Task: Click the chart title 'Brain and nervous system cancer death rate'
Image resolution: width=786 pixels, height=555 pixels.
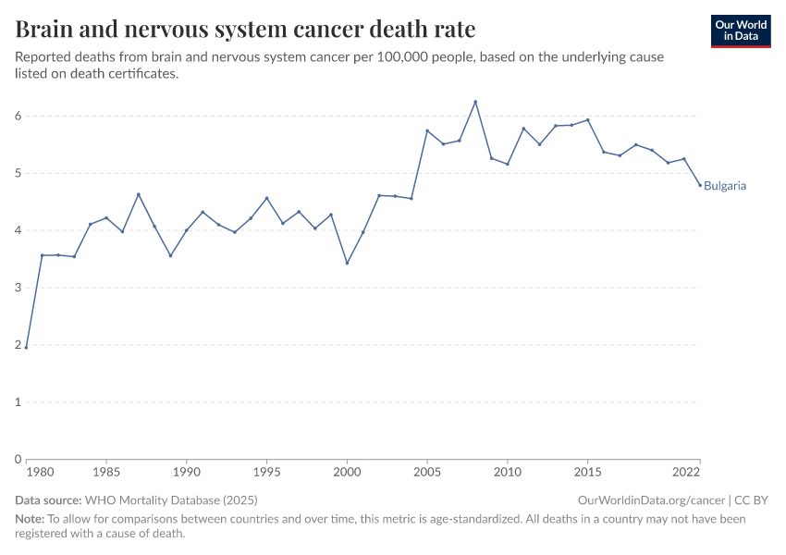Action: (246, 30)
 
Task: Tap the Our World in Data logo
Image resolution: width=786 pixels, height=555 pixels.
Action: (741, 31)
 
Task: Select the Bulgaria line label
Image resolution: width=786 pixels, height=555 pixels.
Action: (725, 186)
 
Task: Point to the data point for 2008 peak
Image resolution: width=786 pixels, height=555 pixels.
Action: (475, 102)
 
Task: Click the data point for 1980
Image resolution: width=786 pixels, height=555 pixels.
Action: (27, 347)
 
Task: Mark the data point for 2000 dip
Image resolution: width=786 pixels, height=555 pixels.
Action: (347, 263)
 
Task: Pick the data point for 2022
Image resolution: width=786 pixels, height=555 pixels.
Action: (700, 185)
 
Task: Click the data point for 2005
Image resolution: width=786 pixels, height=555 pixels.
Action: (427, 130)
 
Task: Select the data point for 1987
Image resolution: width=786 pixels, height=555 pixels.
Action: (139, 194)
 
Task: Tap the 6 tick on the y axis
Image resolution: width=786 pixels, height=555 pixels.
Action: (17, 116)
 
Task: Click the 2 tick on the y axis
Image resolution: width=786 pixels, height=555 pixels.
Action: (17, 345)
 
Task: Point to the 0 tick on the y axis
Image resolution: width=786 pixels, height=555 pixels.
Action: (17, 459)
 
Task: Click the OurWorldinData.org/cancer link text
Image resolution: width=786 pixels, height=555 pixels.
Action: (651, 499)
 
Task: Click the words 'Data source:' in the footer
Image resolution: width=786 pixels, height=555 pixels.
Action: (48, 499)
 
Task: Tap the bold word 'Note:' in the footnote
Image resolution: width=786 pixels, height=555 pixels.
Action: (30, 519)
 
